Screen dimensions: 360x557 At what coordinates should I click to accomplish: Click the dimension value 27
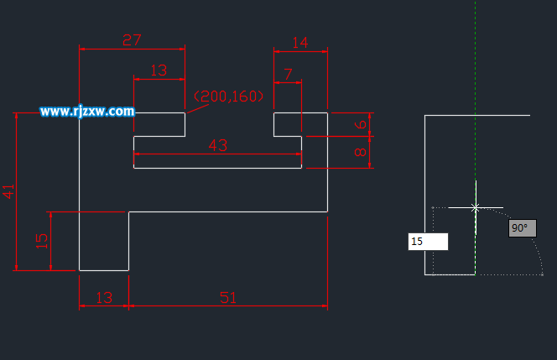click(x=132, y=39)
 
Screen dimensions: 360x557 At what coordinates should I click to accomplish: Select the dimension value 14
click(x=299, y=43)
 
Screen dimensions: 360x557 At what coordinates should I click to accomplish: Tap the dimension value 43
click(x=217, y=145)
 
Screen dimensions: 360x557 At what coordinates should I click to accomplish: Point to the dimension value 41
click(x=9, y=191)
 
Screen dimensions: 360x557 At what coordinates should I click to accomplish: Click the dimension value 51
click(x=227, y=297)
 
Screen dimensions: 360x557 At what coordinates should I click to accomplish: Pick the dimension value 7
click(x=289, y=74)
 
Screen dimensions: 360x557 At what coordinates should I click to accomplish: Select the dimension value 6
click(x=361, y=124)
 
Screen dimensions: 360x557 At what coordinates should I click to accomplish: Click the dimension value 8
click(x=361, y=153)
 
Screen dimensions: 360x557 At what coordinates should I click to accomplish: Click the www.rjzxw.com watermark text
click(x=87, y=111)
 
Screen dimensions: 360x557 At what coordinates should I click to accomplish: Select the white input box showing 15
click(x=428, y=242)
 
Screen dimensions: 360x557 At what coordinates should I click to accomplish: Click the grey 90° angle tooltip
click(x=522, y=228)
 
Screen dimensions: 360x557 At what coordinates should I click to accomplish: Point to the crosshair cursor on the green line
click(x=475, y=206)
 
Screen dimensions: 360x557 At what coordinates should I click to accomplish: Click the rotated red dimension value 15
click(x=42, y=240)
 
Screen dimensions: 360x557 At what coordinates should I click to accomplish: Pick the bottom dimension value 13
click(x=104, y=297)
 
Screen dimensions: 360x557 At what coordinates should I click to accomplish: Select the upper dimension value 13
click(x=159, y=70)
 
